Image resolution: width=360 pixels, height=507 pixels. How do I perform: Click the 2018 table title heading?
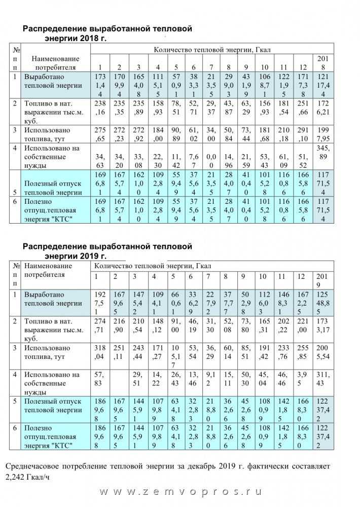(x=107, y=33)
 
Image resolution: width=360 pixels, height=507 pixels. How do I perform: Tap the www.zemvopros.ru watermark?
(x=180, y=492)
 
